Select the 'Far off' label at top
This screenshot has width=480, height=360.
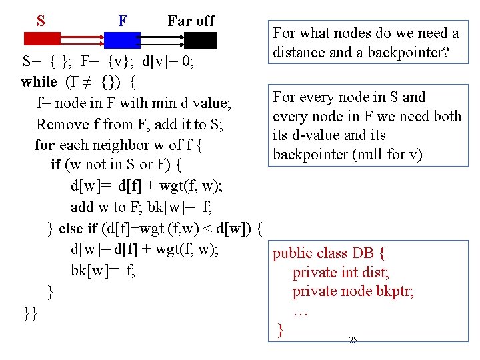(x=191, y=21)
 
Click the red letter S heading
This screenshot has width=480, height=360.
(x=41, y=21)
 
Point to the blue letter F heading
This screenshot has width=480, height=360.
(x=123, y=21)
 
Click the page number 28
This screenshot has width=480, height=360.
(x=353, y=340)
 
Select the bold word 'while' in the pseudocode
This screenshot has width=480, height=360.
(x=39, y=82)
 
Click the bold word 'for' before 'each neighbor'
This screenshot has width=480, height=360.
(x=45, y=145)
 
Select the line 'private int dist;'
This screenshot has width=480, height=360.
(x=341, y=272)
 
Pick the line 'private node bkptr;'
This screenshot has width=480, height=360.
(x=353, y=291)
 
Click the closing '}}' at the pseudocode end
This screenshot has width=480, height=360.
(x=29, y=312)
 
